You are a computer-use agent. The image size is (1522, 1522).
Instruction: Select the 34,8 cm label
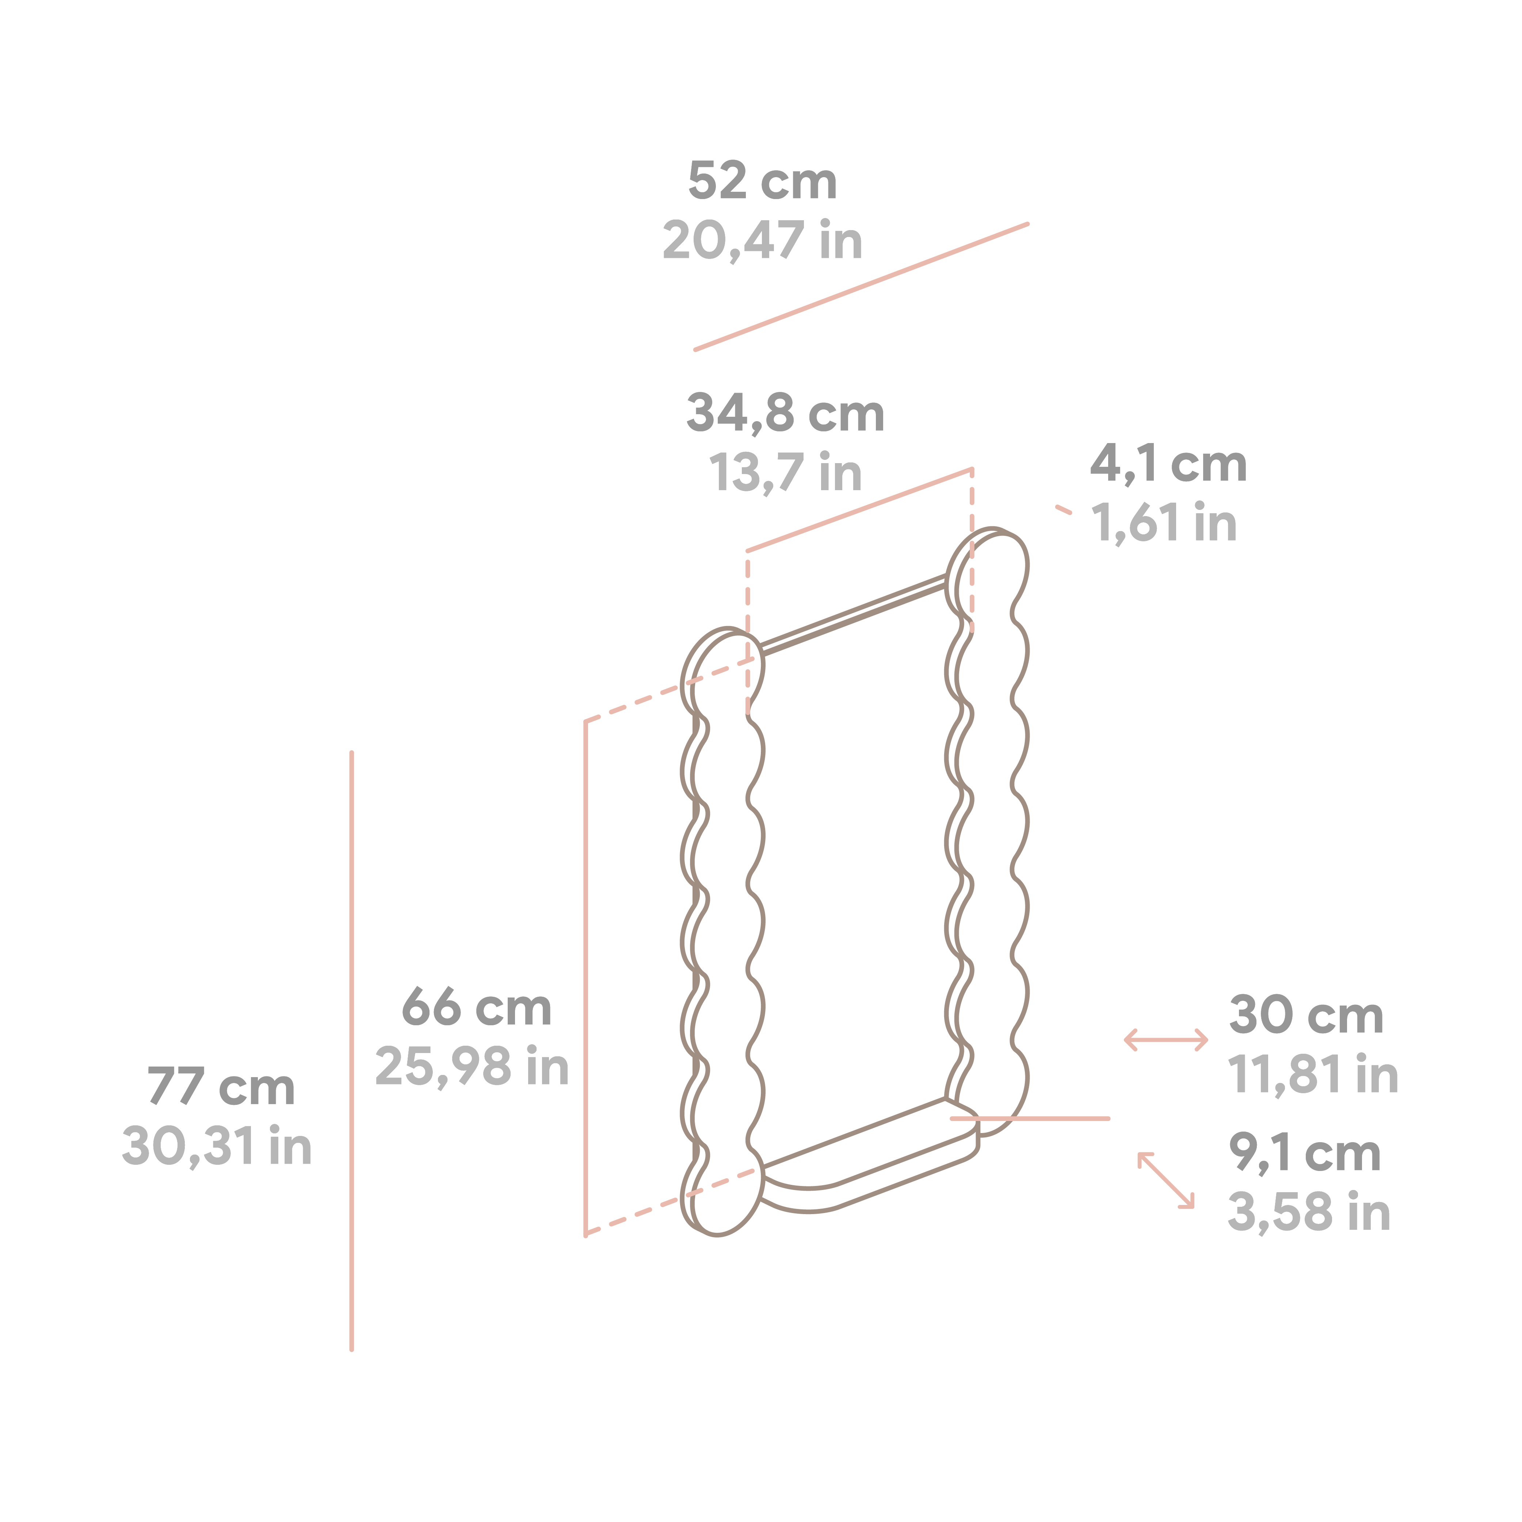(785, 413)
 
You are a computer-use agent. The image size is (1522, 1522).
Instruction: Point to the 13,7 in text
(785, 473)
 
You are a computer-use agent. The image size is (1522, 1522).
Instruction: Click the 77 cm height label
(221, 1087)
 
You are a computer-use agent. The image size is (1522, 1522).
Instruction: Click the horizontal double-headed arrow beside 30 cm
(1166, 1040)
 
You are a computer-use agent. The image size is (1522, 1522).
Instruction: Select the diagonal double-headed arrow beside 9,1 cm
(1166, 1180)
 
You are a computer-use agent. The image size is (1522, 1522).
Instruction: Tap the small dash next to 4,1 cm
(1064, 510)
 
